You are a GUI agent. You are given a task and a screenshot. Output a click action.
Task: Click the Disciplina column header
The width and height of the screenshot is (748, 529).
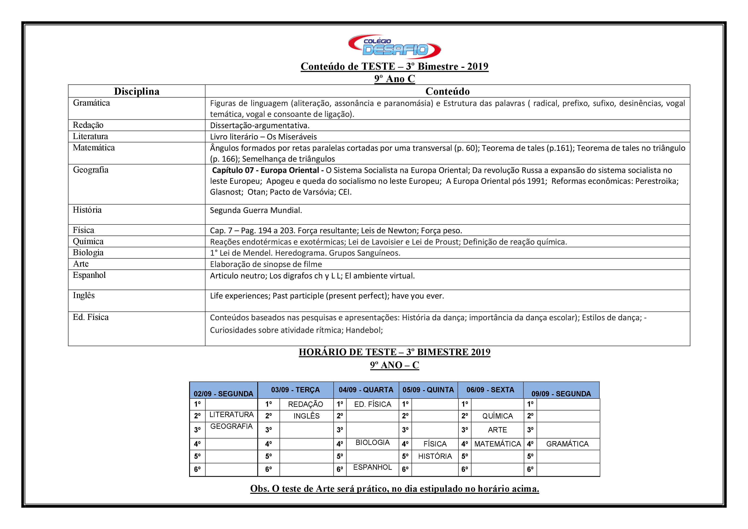(x=136, y=91)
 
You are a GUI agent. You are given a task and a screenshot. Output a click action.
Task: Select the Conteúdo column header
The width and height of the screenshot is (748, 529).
(x=447, y=91)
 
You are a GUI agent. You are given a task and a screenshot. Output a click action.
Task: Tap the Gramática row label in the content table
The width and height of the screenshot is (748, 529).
(x=91, y=103)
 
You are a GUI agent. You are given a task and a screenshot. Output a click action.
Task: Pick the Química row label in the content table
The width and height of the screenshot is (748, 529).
(x=88, y=241)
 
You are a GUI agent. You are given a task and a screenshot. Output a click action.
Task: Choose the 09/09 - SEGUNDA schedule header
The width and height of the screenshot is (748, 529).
(x=561, y=393)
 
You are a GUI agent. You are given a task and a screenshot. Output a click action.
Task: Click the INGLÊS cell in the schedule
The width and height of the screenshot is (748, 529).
(x=306, y=416)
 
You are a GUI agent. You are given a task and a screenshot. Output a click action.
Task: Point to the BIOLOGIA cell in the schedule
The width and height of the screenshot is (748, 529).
(x=372, y=442)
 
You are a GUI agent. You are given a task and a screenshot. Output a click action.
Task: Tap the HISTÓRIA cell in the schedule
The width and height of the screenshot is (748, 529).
(x=435, y=456)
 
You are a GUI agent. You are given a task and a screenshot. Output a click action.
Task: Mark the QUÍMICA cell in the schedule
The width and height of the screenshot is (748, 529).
(x=497, y=416)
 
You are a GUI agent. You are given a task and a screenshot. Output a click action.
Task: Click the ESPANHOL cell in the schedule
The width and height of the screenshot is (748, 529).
(x=372, y=467)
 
